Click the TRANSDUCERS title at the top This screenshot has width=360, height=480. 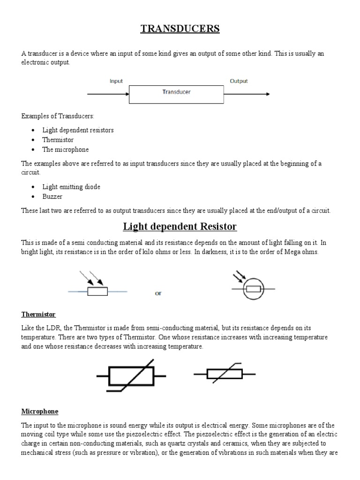tap(180, 29)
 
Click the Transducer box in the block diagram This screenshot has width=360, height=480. tap(176, 94)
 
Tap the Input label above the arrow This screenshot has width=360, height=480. tap(116, 81)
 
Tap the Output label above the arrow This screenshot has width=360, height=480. tap(239, 81)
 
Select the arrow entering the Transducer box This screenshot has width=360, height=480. tap(108, 94)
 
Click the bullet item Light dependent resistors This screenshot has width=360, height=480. tap(78, 130)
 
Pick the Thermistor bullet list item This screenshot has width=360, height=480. tap(58, 140)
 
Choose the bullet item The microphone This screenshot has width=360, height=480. tap(65, 150)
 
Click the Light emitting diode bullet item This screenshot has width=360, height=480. tap(71, 187)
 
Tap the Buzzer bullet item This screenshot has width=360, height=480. tap(52, 196)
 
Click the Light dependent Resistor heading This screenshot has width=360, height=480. tap(180, 227)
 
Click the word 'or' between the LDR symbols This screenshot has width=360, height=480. tap(158, 293)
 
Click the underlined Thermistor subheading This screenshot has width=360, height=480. tap(38, 314)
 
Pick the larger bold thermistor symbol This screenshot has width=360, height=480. tap(131, 375)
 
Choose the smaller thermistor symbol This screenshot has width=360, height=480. tap(225, 374)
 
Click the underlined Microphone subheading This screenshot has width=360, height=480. tap(40, 411)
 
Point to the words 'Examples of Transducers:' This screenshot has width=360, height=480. tap(57, 116)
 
